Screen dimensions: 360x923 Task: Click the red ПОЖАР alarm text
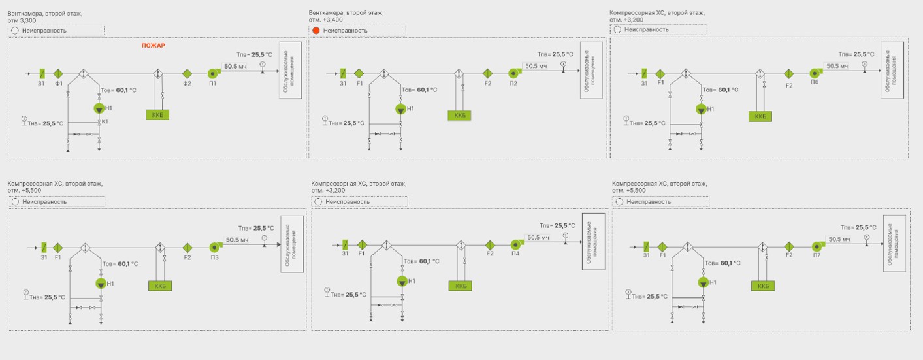(154, 46)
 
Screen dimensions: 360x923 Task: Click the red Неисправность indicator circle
(316, 31)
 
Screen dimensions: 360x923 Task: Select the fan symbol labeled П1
(213, 74)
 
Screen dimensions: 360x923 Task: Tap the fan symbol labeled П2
(513, 74)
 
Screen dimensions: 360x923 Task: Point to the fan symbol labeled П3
(214, 247)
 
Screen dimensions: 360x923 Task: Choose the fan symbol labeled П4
(515, 244)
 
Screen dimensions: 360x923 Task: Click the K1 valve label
(104, 122)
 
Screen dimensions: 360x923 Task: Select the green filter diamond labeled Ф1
(58, 74)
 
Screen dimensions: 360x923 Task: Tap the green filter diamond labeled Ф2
(186, 74)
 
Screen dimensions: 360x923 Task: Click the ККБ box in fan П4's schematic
(461, 286)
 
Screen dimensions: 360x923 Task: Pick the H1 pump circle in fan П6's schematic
(701, 108)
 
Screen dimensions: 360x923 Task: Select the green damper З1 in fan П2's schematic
(343, 74)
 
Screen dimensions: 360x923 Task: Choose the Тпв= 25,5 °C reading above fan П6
(856, 54)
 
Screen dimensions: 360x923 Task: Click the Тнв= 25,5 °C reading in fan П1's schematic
(45, 123)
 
